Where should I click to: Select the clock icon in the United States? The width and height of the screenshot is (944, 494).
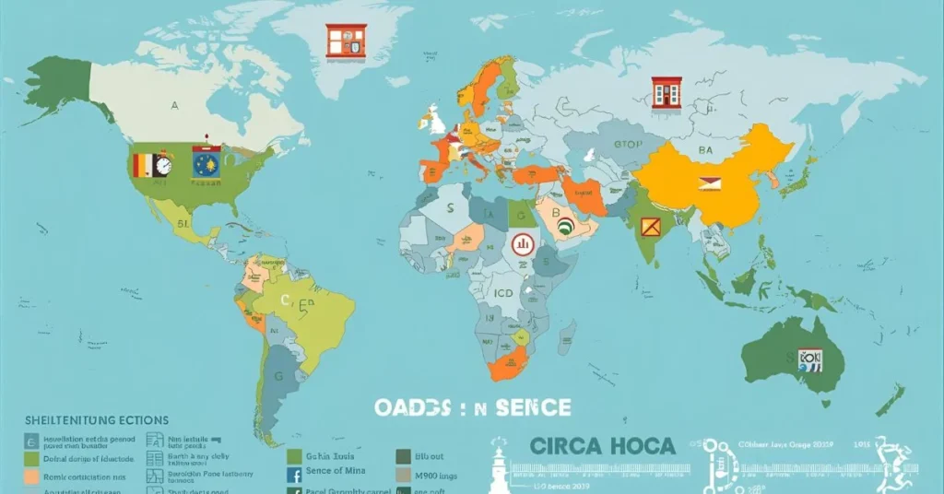[162, 165]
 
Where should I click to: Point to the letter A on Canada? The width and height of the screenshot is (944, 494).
[173, 106]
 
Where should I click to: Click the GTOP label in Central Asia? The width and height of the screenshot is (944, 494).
[628, 145]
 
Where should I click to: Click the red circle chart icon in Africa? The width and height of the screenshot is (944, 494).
[522, 244]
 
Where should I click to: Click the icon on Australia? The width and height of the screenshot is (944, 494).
[809, 359]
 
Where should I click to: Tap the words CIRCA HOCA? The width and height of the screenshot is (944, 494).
[603, 446]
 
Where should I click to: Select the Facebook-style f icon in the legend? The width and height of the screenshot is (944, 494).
[295, 476]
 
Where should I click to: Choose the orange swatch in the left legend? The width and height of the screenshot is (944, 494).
[32, 477]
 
